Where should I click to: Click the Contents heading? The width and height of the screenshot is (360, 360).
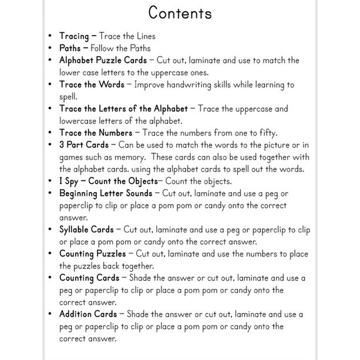(x=180, y=12)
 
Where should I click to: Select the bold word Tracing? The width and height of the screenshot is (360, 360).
(x=75, y=36)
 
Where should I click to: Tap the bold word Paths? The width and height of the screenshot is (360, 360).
(x=72, y=48)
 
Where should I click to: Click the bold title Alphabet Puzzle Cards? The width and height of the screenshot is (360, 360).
(x=103, y=60)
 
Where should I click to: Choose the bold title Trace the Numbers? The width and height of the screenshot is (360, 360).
(x=96, y=133)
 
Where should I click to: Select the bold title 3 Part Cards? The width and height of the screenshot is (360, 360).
(x=84, y=144)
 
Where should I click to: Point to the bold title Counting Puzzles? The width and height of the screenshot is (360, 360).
(x=93, y=254)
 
